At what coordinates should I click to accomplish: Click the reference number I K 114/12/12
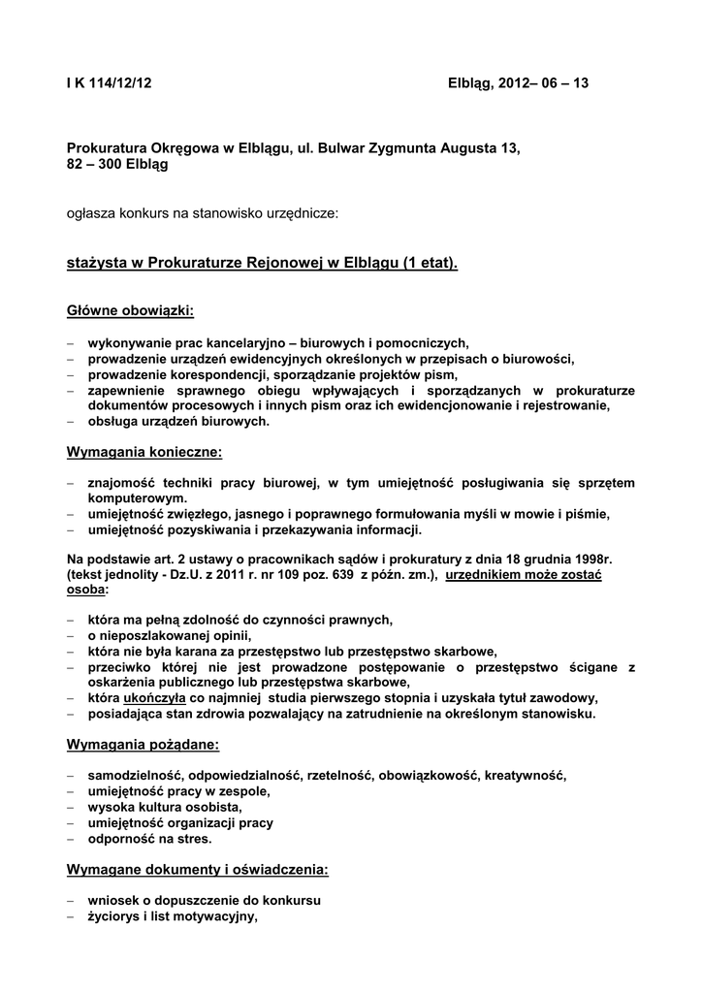110,83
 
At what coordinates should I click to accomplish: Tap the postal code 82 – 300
91,165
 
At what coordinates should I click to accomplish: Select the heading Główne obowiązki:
130,310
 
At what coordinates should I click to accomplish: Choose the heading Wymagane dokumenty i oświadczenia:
197,870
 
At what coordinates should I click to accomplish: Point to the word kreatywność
525,775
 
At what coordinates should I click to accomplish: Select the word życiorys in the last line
113,915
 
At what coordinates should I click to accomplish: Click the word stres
192,838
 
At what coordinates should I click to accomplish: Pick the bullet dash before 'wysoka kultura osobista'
71,807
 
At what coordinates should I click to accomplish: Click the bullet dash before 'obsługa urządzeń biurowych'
71,421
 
